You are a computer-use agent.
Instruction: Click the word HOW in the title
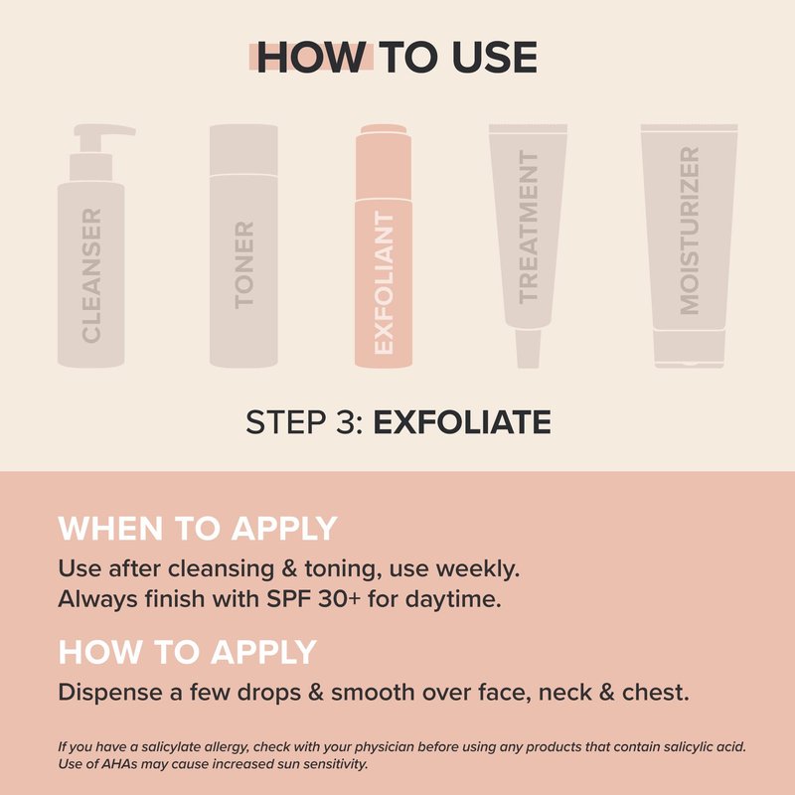[312, 58]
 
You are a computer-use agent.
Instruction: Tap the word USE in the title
[494, 58]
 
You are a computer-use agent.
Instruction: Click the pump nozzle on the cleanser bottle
[104, 131]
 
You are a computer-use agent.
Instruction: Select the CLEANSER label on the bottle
[91, 275]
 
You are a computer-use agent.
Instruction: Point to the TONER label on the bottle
[243, 264]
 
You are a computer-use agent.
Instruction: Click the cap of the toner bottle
[243, 150]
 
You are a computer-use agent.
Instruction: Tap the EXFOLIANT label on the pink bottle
[384, 282]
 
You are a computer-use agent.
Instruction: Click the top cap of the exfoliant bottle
[384, 129]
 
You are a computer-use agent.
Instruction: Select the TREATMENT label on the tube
[528, 227]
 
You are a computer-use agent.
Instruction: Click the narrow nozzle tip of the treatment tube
[528, 349]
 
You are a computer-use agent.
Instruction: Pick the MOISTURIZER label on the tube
[689, 231]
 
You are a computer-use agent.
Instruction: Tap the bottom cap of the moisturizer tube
[689, 349]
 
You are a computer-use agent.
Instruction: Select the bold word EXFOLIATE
[462, 421]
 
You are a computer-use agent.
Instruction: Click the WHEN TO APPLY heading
[198, 529]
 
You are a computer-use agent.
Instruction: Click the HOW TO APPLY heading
[188, 652]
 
